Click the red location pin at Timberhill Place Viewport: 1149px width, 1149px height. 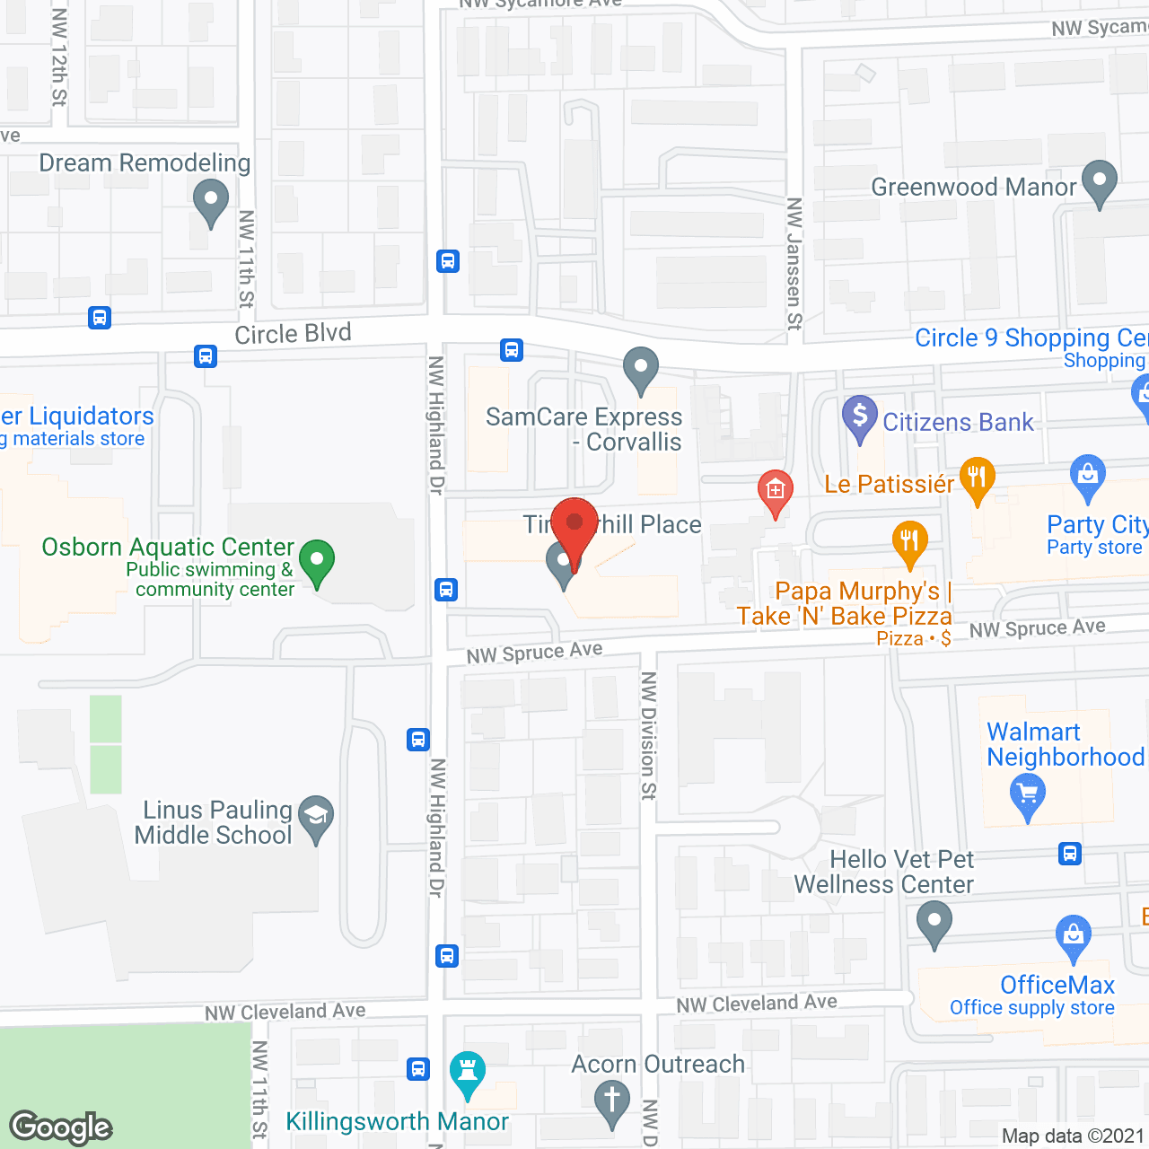[x=574, y=526]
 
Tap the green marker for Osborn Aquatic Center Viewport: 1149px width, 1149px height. [x=316, y=563]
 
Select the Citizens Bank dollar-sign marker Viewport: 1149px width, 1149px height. [x=860, y=417]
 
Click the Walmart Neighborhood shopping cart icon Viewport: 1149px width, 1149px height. [x=1028, y=795]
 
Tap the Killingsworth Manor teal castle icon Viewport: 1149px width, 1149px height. [x=467, y=1072]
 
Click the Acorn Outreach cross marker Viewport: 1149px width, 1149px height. [x=612, y=1101]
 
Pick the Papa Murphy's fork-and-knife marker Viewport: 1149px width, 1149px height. [x=910, y=541]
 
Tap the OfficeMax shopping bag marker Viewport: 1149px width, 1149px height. [x=1074, y=935]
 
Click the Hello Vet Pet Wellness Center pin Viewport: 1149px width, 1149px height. [x=934, y=923]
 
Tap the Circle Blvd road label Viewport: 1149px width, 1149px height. [x=293, y=334]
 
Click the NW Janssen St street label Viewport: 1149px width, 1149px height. [x=794, y=264]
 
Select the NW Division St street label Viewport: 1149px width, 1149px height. [x=649, y=735]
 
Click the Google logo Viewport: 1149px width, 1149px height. [x=61, y=1127]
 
